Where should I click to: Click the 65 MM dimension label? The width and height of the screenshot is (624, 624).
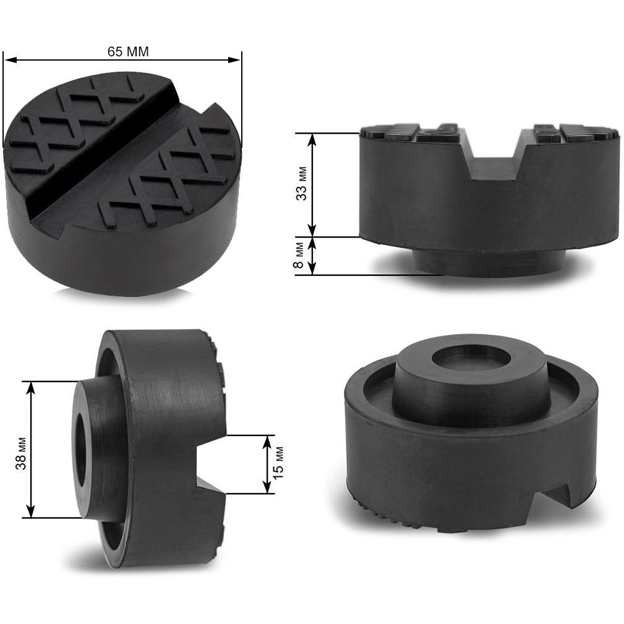128,52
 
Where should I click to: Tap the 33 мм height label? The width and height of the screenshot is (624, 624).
302,183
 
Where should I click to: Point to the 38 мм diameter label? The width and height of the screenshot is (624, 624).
20,453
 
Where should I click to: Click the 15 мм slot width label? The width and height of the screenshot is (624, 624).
278,463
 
